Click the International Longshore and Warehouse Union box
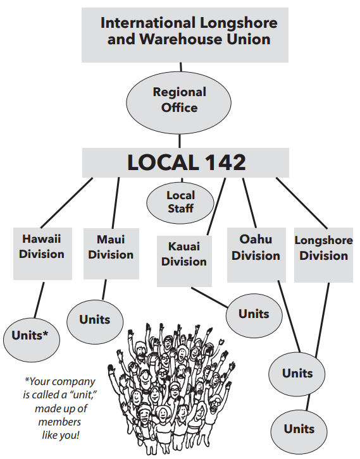tap(185, 35)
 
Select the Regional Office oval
tap(178, 103)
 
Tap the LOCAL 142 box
tap(185, 162)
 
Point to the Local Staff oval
tap(180, 202)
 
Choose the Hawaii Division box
tap(42, 254)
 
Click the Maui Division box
tap(111, 254)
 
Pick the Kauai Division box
tap(184, 261)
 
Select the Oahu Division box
tap(256, 255)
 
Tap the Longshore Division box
tap(323, 255)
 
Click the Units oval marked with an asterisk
tap(32, 340)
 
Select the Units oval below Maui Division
tap(95, 322)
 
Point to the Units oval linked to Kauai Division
tap(254, 316)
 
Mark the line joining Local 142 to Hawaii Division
tap(66, 202)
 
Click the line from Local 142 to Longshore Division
tap(301, 203)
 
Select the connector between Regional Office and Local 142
tap(180, 141)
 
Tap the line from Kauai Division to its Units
tap(209, 297)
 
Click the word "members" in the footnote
tap(59, 422)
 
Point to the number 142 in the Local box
tap(225, 162)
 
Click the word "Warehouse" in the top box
tap(180, 39)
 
